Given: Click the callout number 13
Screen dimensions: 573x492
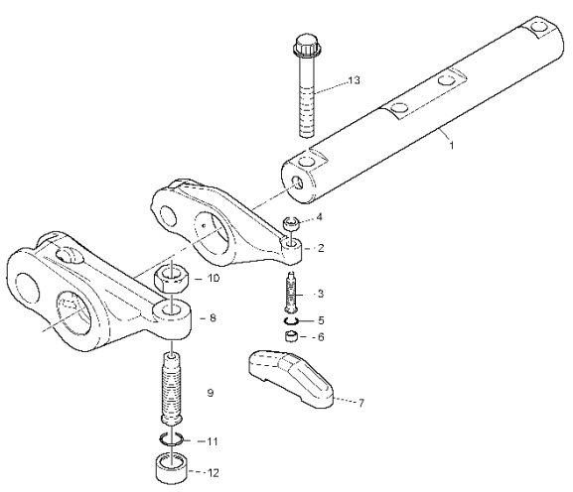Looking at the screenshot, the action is [354, 80].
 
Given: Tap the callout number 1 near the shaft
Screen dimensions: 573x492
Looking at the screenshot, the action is [452, 145].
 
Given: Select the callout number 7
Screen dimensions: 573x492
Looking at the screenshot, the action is [360, 403].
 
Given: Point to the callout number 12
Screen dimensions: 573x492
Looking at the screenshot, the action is [213, 473].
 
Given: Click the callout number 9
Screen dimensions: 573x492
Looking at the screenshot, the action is [211, 393].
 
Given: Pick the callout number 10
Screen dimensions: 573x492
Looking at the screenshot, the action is [214, 278].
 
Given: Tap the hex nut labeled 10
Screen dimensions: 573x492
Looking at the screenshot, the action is [171, 278].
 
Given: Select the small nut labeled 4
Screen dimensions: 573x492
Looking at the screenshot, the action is [292, 223].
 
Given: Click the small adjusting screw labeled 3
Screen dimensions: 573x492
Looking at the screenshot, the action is [292, 293].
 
